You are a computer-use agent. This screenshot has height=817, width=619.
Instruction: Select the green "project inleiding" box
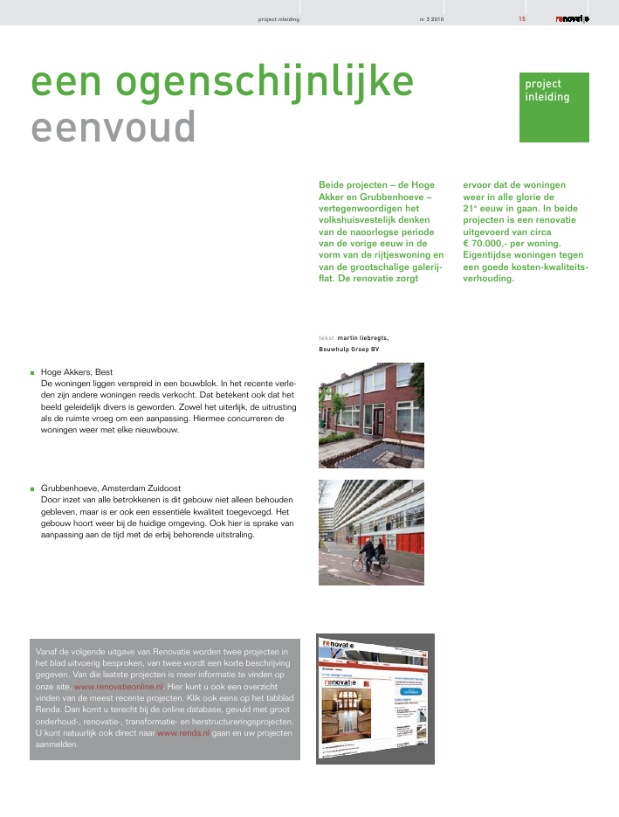pyautogui.click(x=554, y=107)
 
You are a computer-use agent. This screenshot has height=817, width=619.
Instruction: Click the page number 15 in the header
pyautogui.click(x=522, y=18)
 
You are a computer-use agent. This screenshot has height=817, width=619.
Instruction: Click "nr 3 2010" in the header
pyautogui.click(x=432, y=18)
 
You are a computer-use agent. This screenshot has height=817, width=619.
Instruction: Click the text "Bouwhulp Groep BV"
pyautogui.click(x=349, y=349)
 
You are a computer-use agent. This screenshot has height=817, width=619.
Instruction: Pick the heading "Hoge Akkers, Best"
pyautogui.click(x=77, y=371)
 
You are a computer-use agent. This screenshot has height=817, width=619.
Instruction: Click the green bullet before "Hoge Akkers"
pyautogui.click(x=31, y=372)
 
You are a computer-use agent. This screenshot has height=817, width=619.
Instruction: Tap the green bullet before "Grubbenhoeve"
pyautogui.click(x=31, y=488)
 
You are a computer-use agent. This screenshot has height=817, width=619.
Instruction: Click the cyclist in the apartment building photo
pyautogui.click(x=370, y=555)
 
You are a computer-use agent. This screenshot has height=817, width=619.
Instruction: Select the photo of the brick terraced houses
pyautogui.click(x=371, y=415)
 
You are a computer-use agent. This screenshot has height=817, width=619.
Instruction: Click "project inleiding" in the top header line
pyautogui.click(x=279, y=18)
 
